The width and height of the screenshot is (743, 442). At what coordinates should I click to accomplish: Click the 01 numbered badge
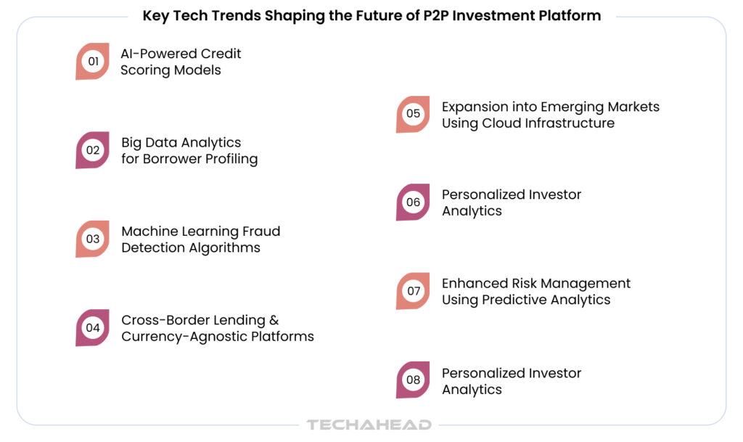pyautogui.click(x=92, y=61)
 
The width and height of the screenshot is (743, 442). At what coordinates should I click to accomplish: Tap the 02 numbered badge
pyautogui.click(x=92, y=150)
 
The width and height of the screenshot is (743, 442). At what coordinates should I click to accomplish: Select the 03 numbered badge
pyautogui.click(x=92, y=239)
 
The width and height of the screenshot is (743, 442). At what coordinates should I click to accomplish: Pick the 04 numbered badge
pyautogui.click(x=92, y=328)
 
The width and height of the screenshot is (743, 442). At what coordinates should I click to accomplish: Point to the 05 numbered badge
pyautogui.click(x=413, y=114)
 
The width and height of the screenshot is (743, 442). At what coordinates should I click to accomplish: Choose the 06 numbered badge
pyautogui.click(x=413, y=202)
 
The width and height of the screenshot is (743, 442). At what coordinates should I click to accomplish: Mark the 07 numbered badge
pyautogui.click(x=413, y=291)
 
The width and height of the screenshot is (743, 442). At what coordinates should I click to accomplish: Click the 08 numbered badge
pyautogui.click(x=413, y=380)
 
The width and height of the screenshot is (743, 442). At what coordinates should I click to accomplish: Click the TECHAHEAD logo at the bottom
pyautogui.click(x=369, y=425)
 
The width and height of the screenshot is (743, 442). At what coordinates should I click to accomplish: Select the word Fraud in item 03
pyautogui.click(x=261, y=232)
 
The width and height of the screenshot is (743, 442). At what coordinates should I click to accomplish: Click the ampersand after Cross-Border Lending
pyautogui.click(x=274, y=320)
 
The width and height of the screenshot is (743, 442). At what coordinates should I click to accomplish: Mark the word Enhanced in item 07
pyautogui.click(x=475, y=283)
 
